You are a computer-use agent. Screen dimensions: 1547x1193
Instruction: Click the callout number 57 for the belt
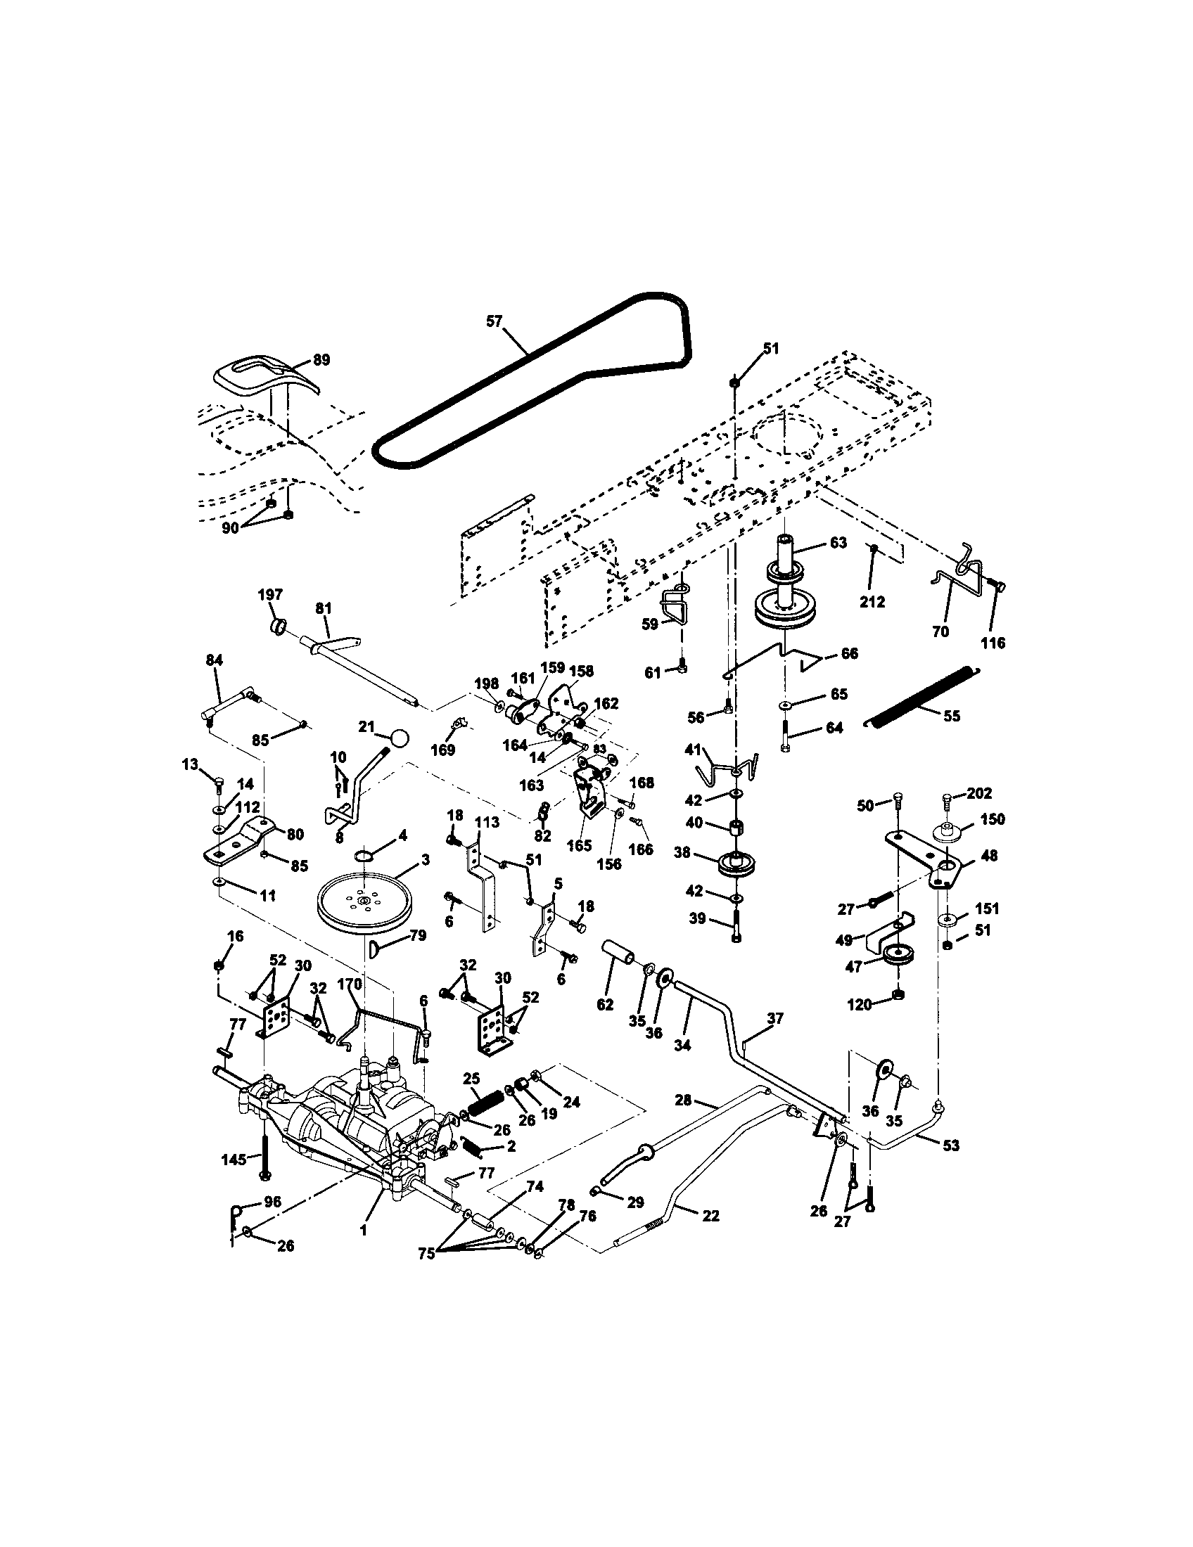point(493,321)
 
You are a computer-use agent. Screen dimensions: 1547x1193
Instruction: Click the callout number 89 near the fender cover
point(321,360)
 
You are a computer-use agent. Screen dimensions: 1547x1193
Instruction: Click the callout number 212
point(872,601)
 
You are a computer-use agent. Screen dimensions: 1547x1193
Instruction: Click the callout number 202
point(978,792)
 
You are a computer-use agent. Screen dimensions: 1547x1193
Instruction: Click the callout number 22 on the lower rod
point(710,1215)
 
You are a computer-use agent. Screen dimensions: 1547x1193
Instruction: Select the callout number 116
point(994,643)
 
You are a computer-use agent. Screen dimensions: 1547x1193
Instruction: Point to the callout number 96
point(272,1201)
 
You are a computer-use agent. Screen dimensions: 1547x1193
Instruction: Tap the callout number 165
point(580,846)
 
